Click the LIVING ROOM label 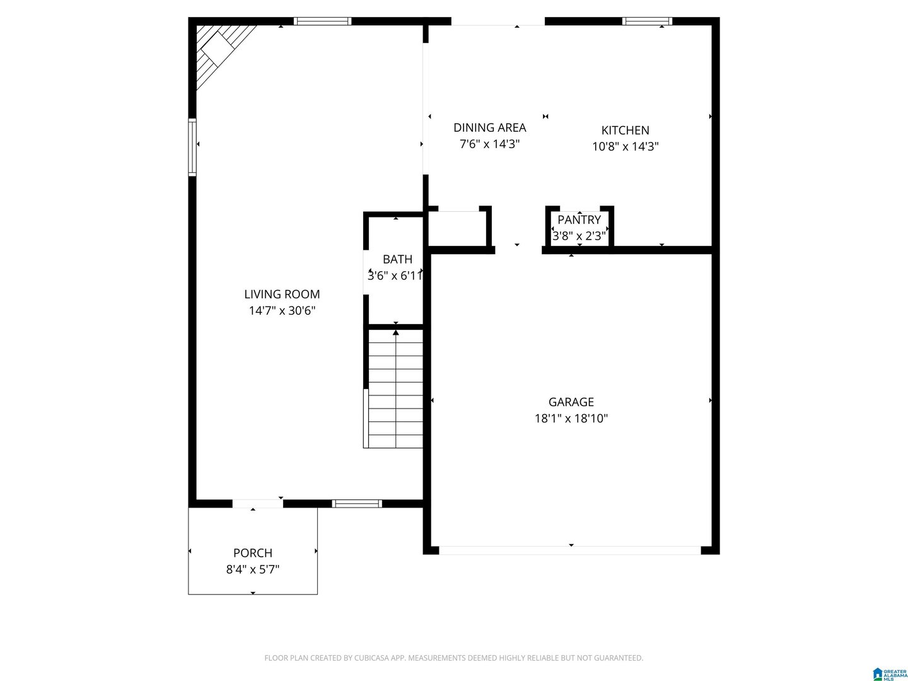pos(282,294)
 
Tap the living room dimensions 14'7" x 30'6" pos(282,310)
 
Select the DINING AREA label pos(490,127)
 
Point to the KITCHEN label pos(625,131)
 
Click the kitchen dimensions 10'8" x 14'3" pos(625,146)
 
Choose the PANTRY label pos(579,219)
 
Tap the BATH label pos(397,259)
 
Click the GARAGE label pos(571,402)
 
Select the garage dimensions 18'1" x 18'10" pos(571,418)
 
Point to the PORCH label pos(253,553)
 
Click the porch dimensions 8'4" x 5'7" pos(253,569)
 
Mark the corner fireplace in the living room pos(219,50)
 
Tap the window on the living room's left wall pos(192,147)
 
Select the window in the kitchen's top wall pos(647,21)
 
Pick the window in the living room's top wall pos(323,21)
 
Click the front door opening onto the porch pos(258,504)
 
